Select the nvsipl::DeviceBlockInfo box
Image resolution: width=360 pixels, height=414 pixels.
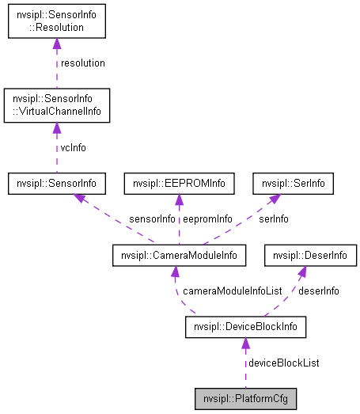[x=244, y=326]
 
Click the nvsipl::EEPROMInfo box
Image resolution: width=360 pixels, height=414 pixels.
[x=180, y=184]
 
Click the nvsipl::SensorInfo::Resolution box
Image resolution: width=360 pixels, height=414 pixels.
[x=56, y=21]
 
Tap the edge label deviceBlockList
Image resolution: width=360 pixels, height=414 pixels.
[x=284, y=363]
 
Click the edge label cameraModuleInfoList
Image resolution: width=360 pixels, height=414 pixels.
[x=232, y=291]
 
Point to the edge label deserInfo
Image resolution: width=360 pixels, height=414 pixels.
[x=318, y=291]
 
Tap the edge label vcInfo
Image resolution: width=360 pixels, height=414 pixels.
[x=74, y=147]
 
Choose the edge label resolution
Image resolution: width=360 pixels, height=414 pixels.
[x=82, y=63]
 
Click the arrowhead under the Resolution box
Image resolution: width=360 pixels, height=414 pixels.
[x=56, y=44]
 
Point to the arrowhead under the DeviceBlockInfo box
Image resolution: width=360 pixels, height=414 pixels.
[x=245, y=344]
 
